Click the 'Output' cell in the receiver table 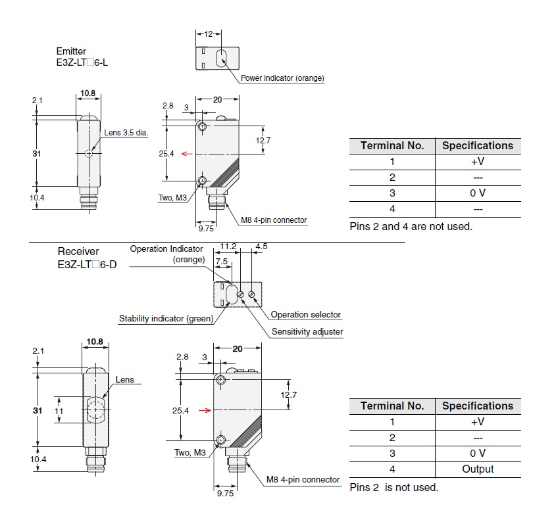pos(478,469)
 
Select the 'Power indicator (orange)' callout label pos(282,78)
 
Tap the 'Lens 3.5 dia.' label pos(126,132)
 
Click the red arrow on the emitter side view pos(187,154)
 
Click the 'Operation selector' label pos(306,315)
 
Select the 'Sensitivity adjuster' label pos(307,332)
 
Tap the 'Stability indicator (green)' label pos(166,319)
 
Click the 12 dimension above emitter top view pos(209,34)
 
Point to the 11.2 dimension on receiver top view pos(228,247)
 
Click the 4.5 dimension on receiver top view pos(261,247)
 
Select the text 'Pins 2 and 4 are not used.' pos(411,227)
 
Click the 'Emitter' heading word pos(71,51)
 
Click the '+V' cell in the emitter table pos(478,162)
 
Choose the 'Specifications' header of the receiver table pos(478,406)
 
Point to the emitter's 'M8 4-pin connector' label pos(273,220)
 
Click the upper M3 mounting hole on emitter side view pos(202,127)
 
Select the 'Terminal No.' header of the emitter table pos(392,146)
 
